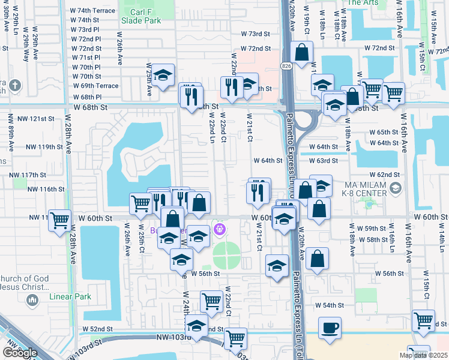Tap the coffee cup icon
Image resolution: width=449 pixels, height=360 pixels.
pos(330,328)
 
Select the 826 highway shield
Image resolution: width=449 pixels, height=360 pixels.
pos(288,67)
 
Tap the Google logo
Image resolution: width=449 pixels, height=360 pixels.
pos(19,352)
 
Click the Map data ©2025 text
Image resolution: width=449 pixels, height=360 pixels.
pos(423,355)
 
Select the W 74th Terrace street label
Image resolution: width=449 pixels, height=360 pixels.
pos(92,11)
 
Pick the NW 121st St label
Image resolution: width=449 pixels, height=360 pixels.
pos(46,119)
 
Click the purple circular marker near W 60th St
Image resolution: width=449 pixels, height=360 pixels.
pos(220,229)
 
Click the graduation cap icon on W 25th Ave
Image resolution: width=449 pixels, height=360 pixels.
pos(163,75)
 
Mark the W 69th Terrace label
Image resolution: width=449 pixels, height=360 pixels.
pos(95,86)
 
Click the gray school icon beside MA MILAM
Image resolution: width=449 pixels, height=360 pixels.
pos(395,189)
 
